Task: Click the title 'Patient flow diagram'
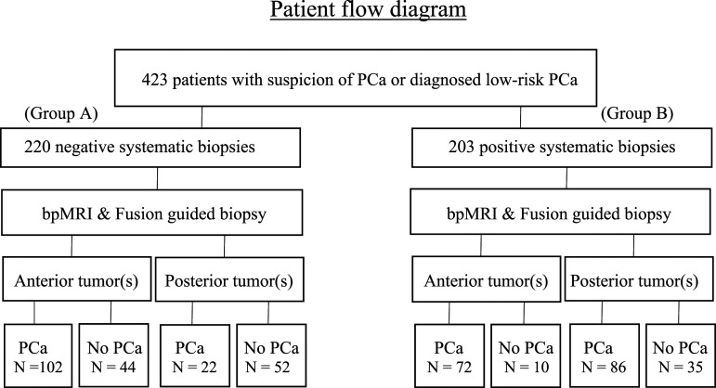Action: pos(368,10)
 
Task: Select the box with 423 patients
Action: pos(356,78)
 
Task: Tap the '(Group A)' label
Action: pos(61,113)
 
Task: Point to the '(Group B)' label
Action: pos(637,113)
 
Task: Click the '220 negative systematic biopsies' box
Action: pos(150,148)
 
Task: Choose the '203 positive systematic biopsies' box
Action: pos(562,148)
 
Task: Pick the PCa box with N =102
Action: pos(38,356)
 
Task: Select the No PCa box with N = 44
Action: pos(113,356)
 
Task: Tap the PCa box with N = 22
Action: pos(195,356)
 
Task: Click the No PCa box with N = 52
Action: pos(271,356)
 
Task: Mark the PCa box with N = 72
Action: pos(449,356)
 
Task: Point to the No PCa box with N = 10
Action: pos(526,356)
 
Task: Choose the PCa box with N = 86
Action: pos(605,356)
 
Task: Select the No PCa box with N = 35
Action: pos(681,356)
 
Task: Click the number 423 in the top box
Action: pos(154,80)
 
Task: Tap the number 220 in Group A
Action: pos(37,147)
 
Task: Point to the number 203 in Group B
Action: pos(462,147)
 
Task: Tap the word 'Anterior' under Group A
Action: pos(44,280)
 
